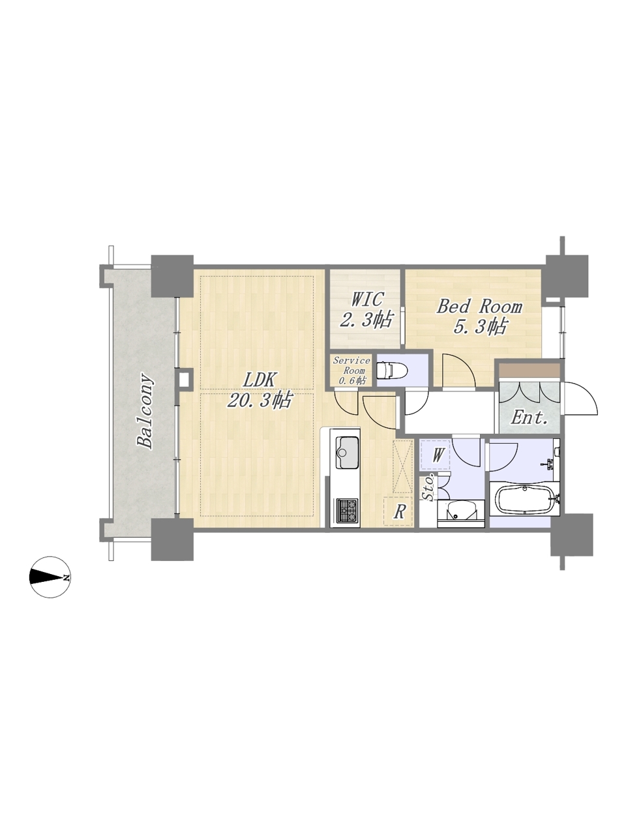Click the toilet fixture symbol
(391, 369)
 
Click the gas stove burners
(348, 511)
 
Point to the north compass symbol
(49, 577)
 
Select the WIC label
(366, 299)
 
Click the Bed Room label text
(479, 307)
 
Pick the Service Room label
(351, 365)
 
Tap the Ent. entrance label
(529, 418)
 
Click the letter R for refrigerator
(398, 512)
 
